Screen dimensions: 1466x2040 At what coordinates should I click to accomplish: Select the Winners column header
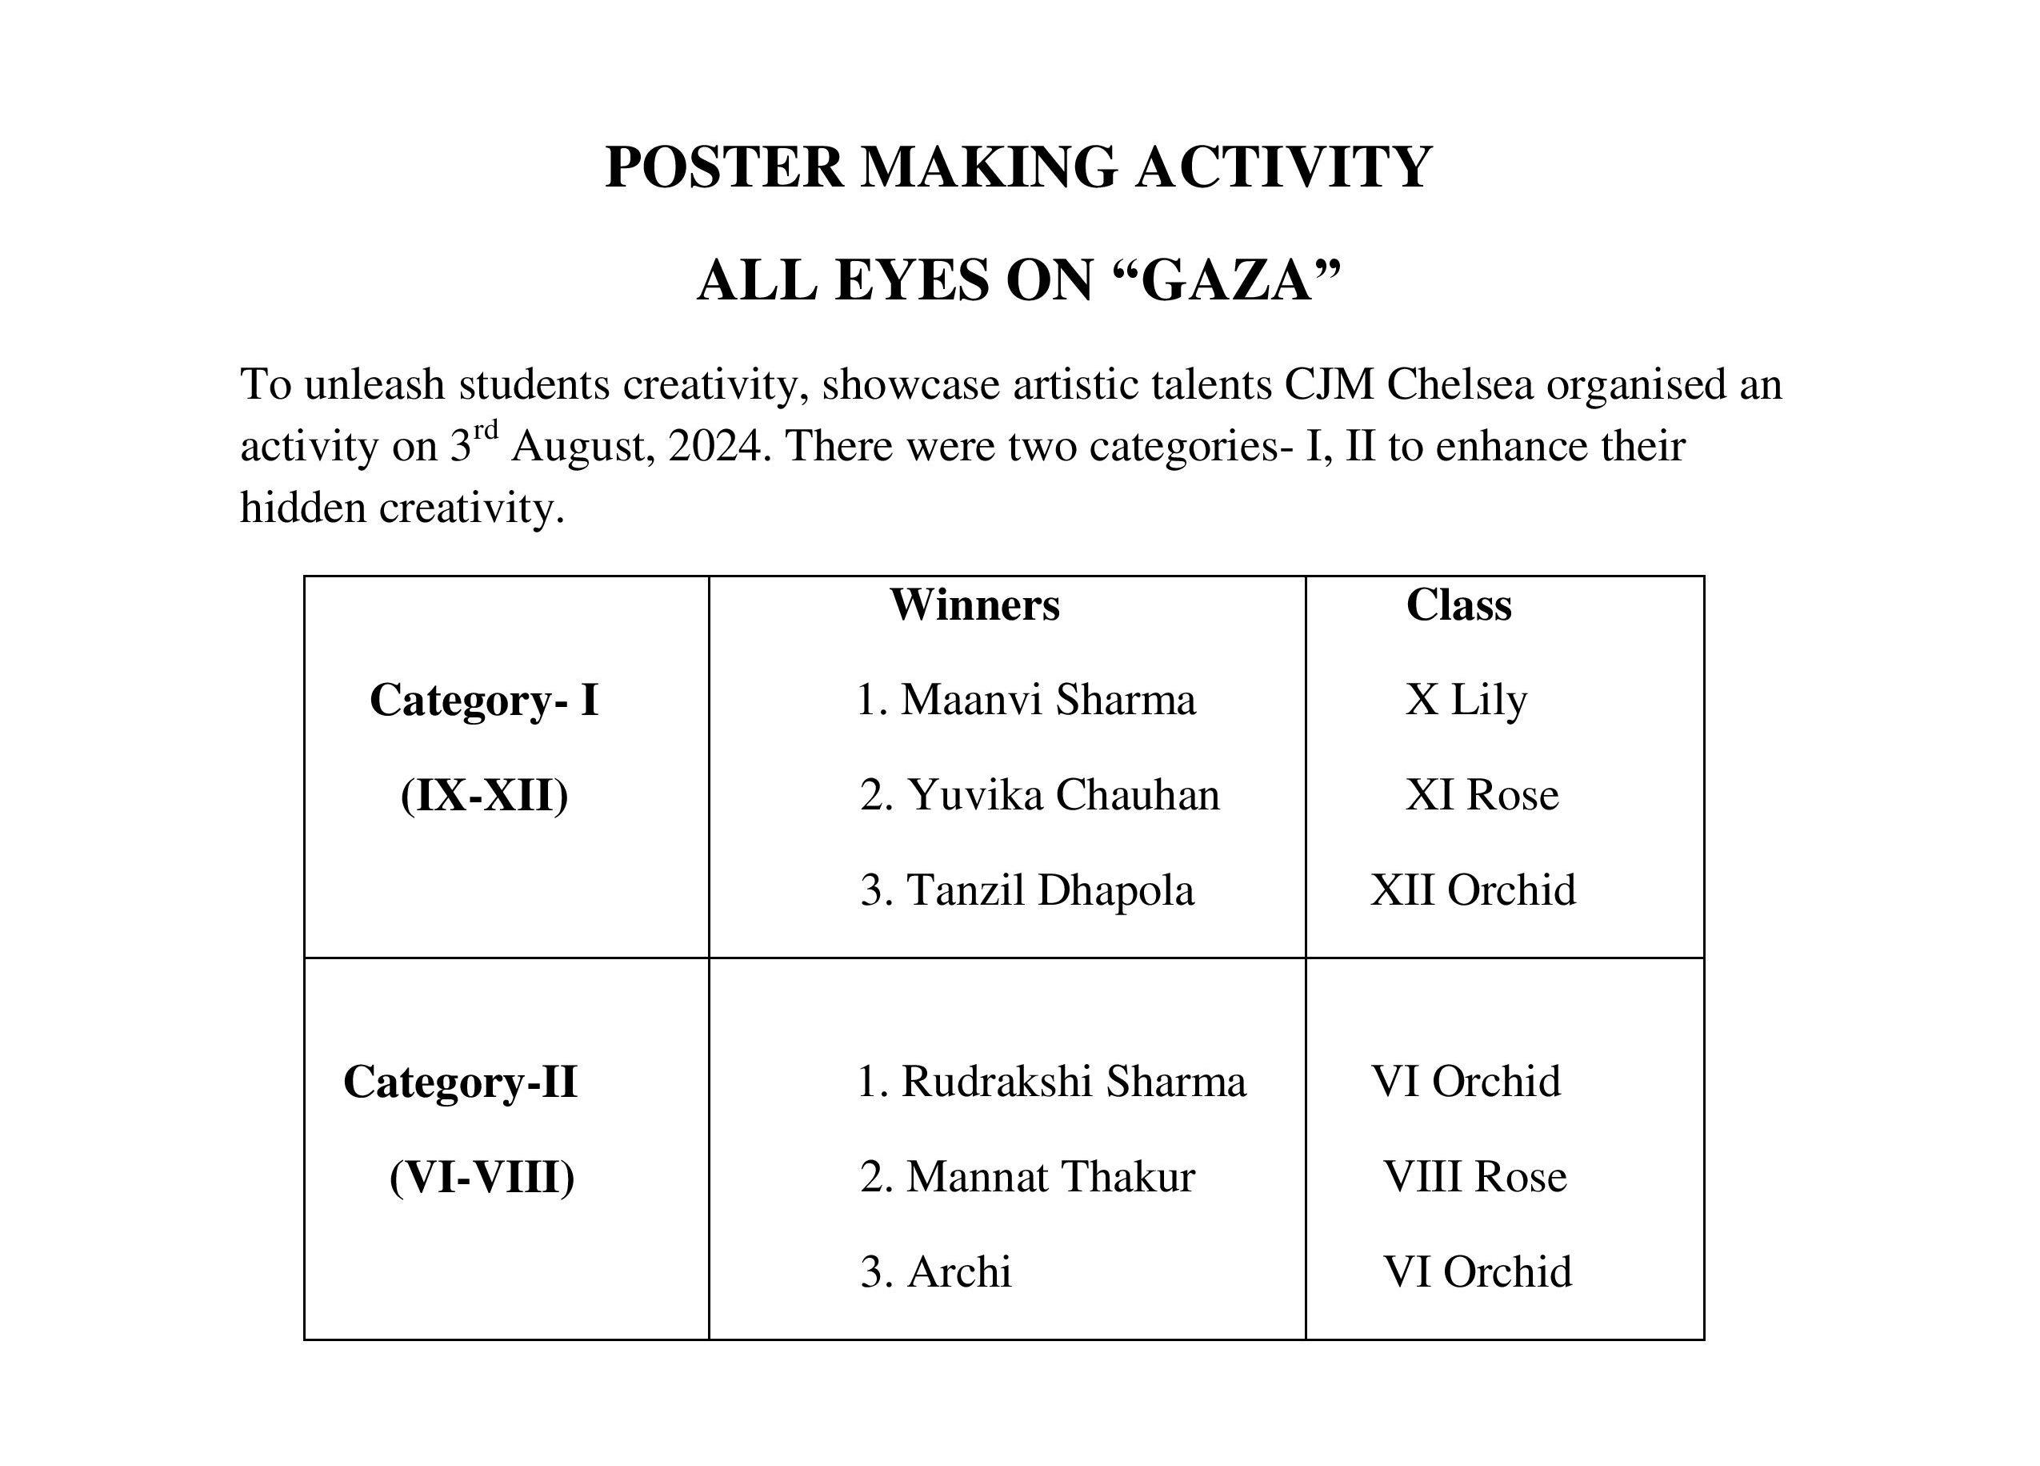pos(975,604)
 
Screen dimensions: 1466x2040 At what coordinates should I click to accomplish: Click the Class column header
pos(1458,604)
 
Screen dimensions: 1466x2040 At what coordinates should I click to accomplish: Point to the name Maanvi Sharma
pos(1048,700)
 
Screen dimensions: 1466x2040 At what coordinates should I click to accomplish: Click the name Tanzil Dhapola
pos(1050,891)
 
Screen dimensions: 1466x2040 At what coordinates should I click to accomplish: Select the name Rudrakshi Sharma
pos(1074,1082)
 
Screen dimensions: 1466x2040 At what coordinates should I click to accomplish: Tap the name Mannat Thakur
pos(1050,1177)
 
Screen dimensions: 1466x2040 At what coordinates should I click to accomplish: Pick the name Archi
pos(959,1272)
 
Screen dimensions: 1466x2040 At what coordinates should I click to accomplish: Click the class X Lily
pos(1466,700)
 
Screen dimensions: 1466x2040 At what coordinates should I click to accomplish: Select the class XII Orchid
pos(1474,891)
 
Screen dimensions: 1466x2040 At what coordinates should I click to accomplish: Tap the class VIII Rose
pos(1475,1177)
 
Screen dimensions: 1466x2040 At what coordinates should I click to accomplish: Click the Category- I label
pos(484,700)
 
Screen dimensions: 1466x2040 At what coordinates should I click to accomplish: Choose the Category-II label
pos(460,1082)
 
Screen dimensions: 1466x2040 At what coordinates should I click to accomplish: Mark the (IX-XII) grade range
pos(484,796)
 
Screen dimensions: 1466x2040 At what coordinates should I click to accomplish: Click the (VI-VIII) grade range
pos(482,1177)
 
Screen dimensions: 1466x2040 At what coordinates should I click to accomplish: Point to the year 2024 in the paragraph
pos(715,447)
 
